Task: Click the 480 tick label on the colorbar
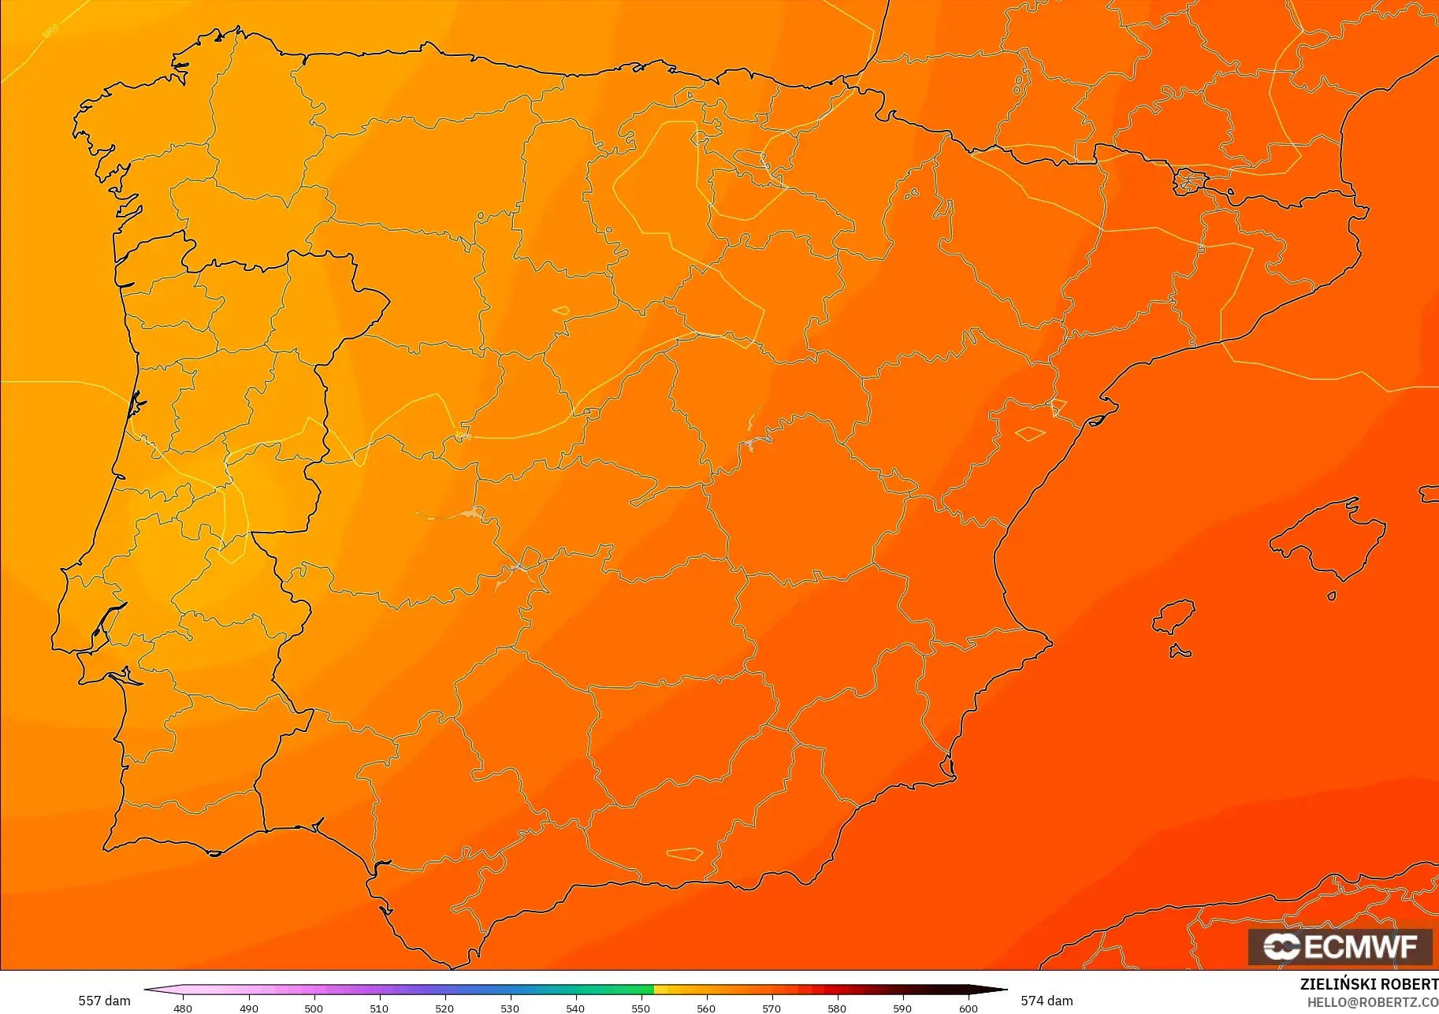183,1008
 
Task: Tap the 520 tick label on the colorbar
444,1008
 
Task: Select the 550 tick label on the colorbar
641,1008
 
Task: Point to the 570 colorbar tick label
772,1008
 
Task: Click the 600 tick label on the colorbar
968,1008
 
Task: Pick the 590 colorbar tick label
902,1008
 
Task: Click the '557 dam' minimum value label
104,1001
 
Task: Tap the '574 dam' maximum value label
1047,1001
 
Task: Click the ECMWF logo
1340,946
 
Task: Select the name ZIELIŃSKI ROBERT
1369,985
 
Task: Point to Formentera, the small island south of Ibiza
1180,652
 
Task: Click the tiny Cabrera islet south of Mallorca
1332,596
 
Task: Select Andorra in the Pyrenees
1189,181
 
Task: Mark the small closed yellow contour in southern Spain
684,853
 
